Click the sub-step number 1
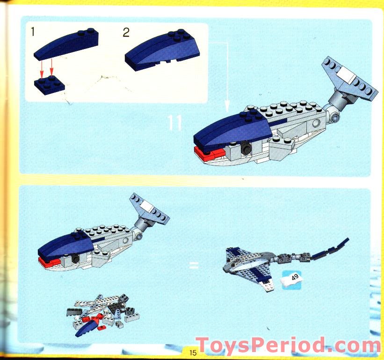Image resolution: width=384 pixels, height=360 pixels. [33, 32]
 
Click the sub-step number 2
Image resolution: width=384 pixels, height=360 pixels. [126, 32]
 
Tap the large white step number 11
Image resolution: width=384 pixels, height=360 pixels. [175, 122]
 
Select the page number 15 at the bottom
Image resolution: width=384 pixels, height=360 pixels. [193, 353]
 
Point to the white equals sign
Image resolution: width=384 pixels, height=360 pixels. [194, 266]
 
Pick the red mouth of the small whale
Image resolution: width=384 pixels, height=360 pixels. [49, 262]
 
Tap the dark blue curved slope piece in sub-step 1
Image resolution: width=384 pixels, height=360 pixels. [66, 43]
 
